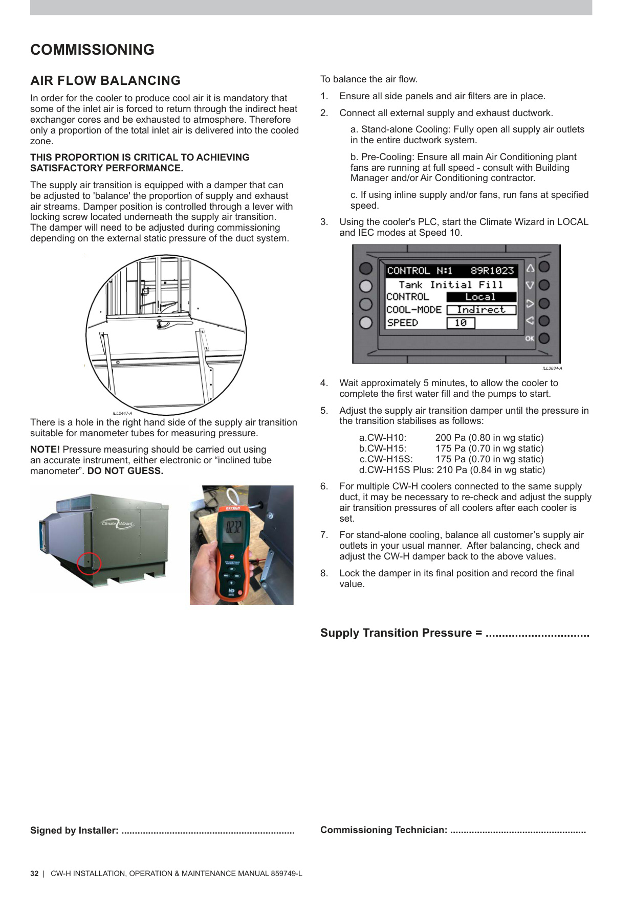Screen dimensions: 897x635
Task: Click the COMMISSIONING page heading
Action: tap(92, 50)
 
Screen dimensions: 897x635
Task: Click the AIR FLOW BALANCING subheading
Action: tap(105, 81)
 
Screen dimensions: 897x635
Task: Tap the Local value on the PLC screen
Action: tap(480, 297)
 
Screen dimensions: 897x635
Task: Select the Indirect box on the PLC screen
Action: tap(481, 310)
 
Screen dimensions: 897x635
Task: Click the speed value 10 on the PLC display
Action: tap(461, 323)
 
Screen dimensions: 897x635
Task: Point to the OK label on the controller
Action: tap(530, 339)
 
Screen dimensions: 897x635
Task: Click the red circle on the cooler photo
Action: tap(89, 564)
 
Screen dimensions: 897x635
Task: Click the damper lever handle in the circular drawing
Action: tap(169, 323)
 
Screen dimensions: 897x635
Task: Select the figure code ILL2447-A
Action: tap(122, 413)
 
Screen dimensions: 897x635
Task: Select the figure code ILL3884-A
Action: tap(552, 368)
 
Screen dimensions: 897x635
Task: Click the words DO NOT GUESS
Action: tap(125, 471)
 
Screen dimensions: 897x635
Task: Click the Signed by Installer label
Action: tap(74, 831)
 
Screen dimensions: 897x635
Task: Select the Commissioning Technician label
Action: tap(384, 830)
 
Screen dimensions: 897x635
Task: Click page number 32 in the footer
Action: tap(34, 873)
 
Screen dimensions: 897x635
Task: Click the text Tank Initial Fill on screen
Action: tap(451, 285)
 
